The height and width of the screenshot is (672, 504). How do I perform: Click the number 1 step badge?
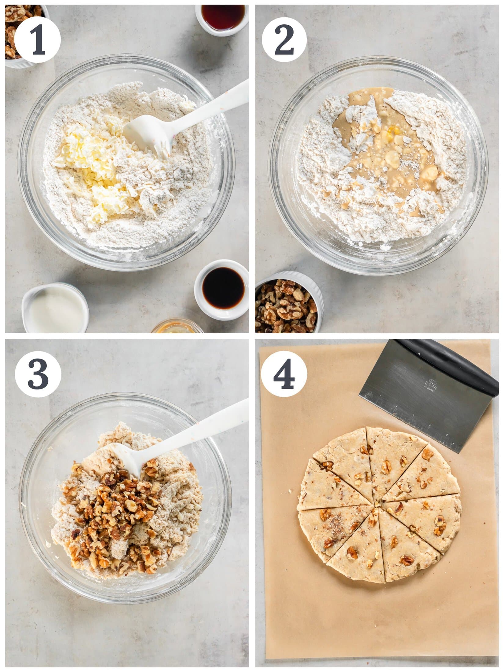[x=38, y=40]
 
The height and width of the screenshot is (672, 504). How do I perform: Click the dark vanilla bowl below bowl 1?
[x=224, y=289]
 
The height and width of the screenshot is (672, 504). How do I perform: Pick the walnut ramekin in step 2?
[x=287, y=305]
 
